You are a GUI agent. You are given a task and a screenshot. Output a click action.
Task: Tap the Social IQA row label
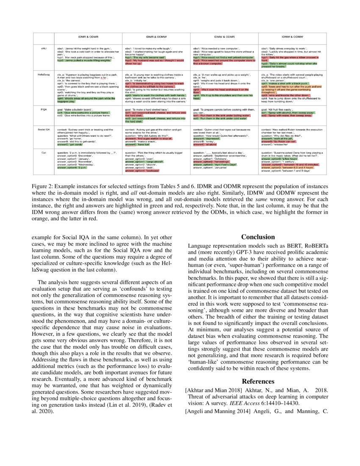(x=44, y=128)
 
